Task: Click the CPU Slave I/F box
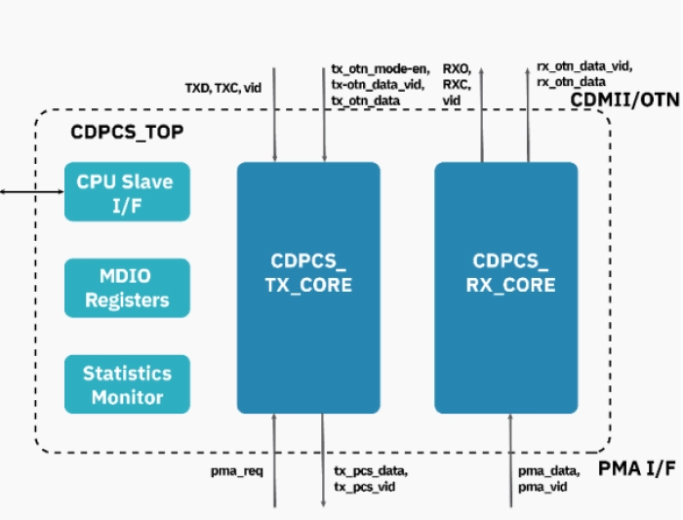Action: click(126, 191)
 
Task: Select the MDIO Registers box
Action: click(126, 287)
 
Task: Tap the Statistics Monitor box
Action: click(126, 384)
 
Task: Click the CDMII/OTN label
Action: click(624, 99)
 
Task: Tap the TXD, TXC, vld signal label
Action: click(223, 88)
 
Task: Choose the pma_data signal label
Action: click(548, 472)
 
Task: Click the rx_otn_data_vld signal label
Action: click(584, 67)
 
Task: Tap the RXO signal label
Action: click(457, 69)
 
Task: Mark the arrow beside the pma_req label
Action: click(276, 459)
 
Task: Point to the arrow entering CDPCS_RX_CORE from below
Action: click(510, 459)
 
